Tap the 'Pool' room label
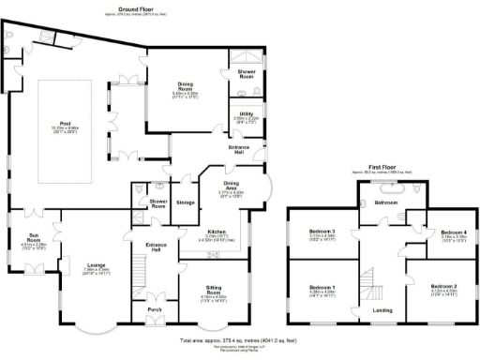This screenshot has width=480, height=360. coord(65,124)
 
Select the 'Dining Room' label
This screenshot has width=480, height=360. coord(184,85)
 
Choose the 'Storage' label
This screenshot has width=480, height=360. coord(186,202)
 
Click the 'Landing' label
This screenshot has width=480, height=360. coord(382,309)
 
